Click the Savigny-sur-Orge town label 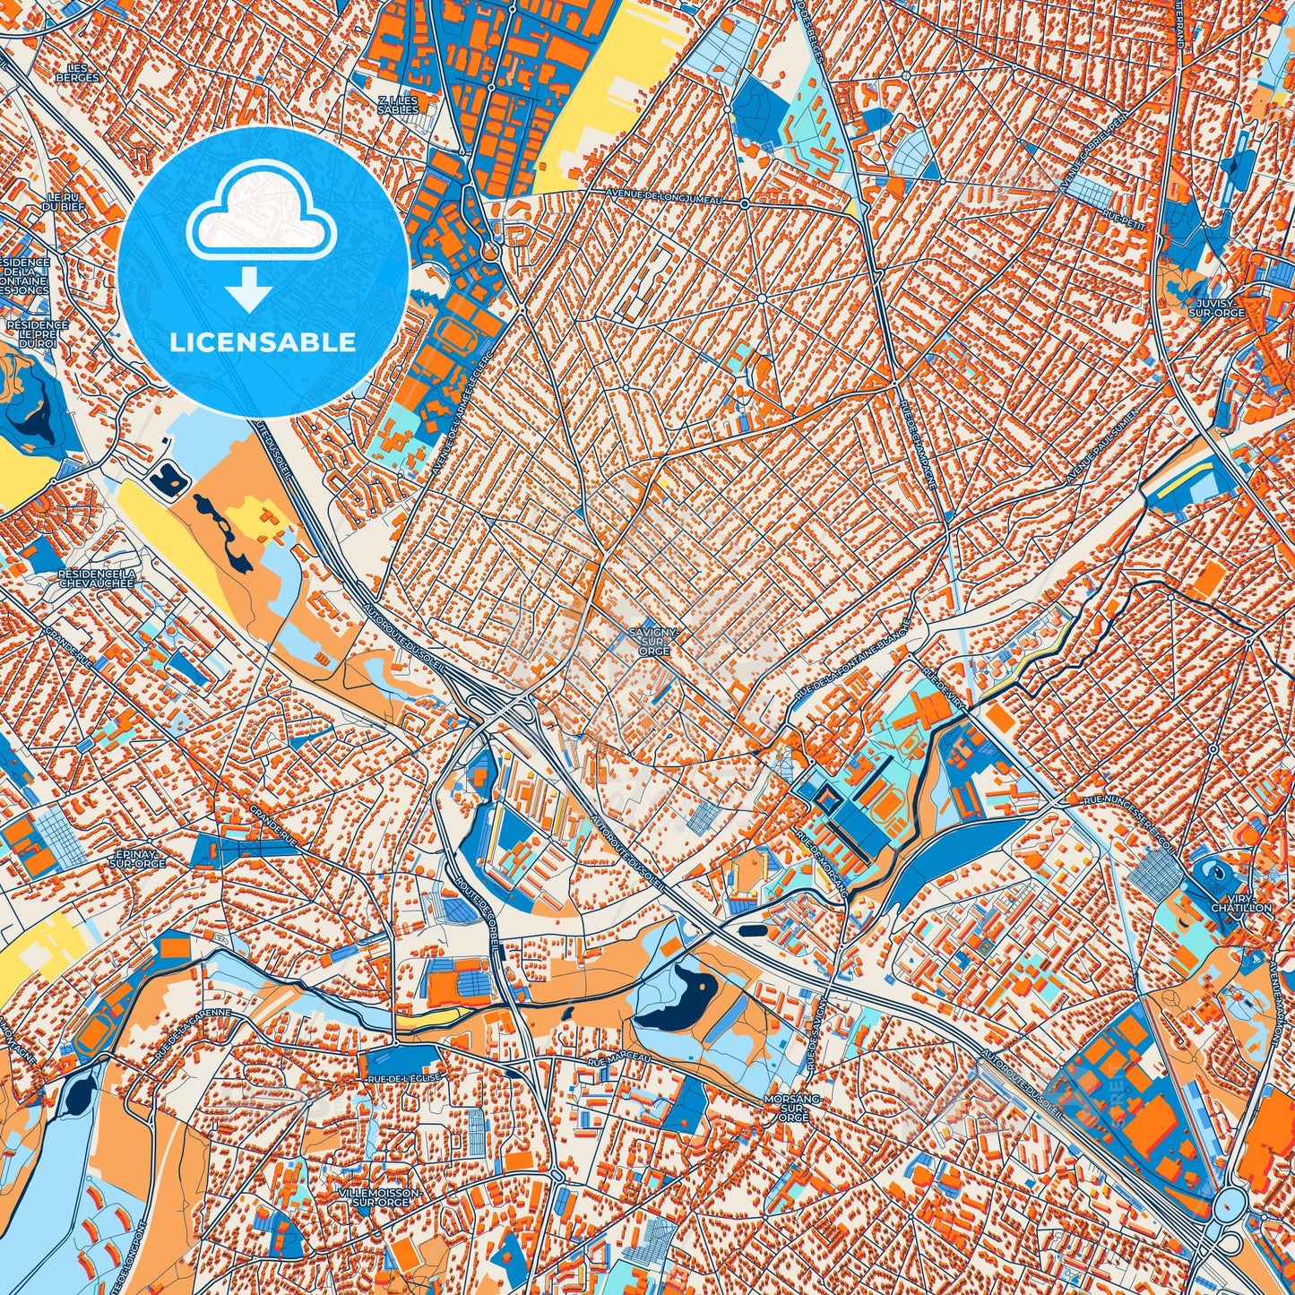point(653,641)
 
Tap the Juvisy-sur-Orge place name point(1216,309)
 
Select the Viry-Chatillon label point(1241,902)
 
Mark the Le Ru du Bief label point(66,202)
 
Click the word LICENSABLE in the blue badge point(262,342)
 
